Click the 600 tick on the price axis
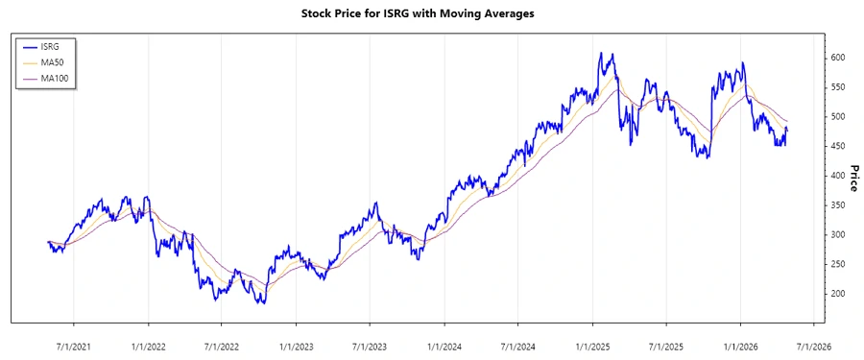click(x=837, y=59)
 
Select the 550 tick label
click(x=837, y=87)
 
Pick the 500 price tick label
click(x=837, y=117)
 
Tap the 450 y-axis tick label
click(x=837, y=147)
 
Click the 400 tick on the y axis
click(x=837, y=176)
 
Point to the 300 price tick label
click(x=837, y=235)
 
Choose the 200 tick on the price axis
click(x=837, y=294)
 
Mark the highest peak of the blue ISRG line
click(x=601, y=53)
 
